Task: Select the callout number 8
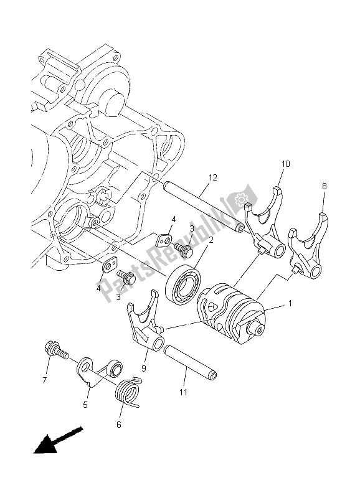(324, 186)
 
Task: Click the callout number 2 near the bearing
(211, 239)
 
